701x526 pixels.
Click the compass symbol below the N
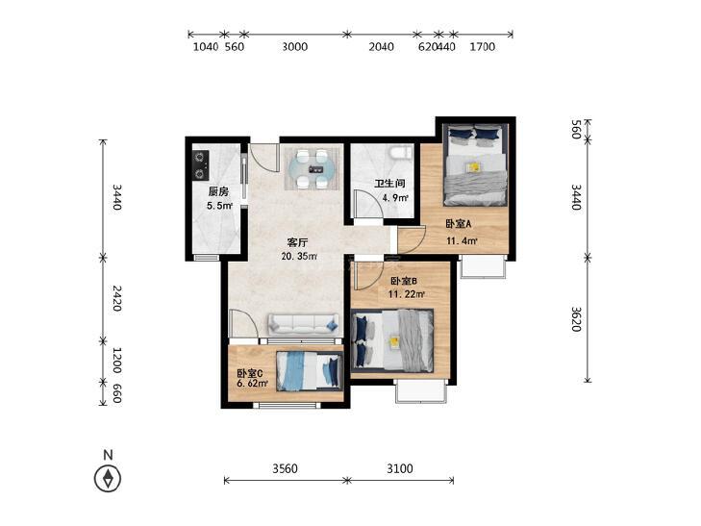(x=108, y=479)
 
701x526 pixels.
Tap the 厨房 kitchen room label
(x=218, y=191)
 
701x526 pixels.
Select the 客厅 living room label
(x=298, y=242)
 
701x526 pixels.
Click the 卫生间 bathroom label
(x=389, y=184)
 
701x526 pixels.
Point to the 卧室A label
(x=459, y=223)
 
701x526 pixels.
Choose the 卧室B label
(x=404, y=281)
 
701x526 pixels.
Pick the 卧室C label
(x=249, y=373)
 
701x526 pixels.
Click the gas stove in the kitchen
(x=200, y=164)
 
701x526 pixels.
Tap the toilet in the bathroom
(x=401, y=153)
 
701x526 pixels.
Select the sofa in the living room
(x=303, y=324)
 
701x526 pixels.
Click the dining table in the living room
(x=313, y=169)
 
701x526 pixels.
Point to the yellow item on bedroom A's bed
(x=473, y=166)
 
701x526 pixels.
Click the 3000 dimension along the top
(x=294, y=46)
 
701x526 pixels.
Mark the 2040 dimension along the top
(x=382, y=46)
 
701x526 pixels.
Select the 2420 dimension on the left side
(x=116, y=298)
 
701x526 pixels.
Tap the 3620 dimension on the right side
(x=576, y=318)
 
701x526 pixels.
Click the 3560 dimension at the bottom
(x=286, y=468)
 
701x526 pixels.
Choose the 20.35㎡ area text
(x=299, y=257)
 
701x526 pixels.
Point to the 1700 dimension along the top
(x=483, y=46)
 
